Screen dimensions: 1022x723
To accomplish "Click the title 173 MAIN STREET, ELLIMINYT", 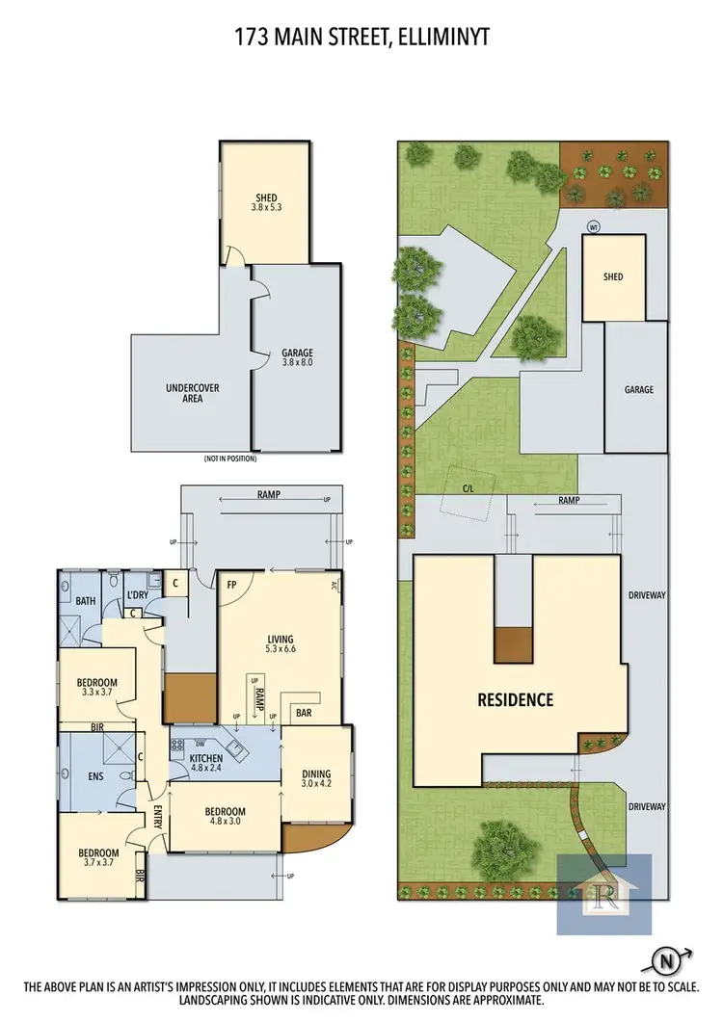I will click(361, 37).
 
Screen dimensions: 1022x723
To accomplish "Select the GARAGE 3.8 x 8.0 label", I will click(297, 358).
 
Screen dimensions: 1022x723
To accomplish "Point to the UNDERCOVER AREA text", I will click(193, 392).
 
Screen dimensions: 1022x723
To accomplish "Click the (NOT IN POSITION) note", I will click(230, 459).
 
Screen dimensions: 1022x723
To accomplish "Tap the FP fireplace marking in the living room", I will click(232, 585).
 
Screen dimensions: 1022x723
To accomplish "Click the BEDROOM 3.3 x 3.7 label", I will click(96, 689).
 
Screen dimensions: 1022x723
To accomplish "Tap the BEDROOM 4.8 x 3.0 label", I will click(224, 817).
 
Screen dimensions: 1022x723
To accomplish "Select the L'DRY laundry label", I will click(138, 597).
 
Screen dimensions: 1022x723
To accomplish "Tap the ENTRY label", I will click(157, 816).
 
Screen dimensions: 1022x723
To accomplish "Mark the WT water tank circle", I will click(595, 227).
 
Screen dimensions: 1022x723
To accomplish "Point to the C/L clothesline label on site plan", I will click(468, 486).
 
